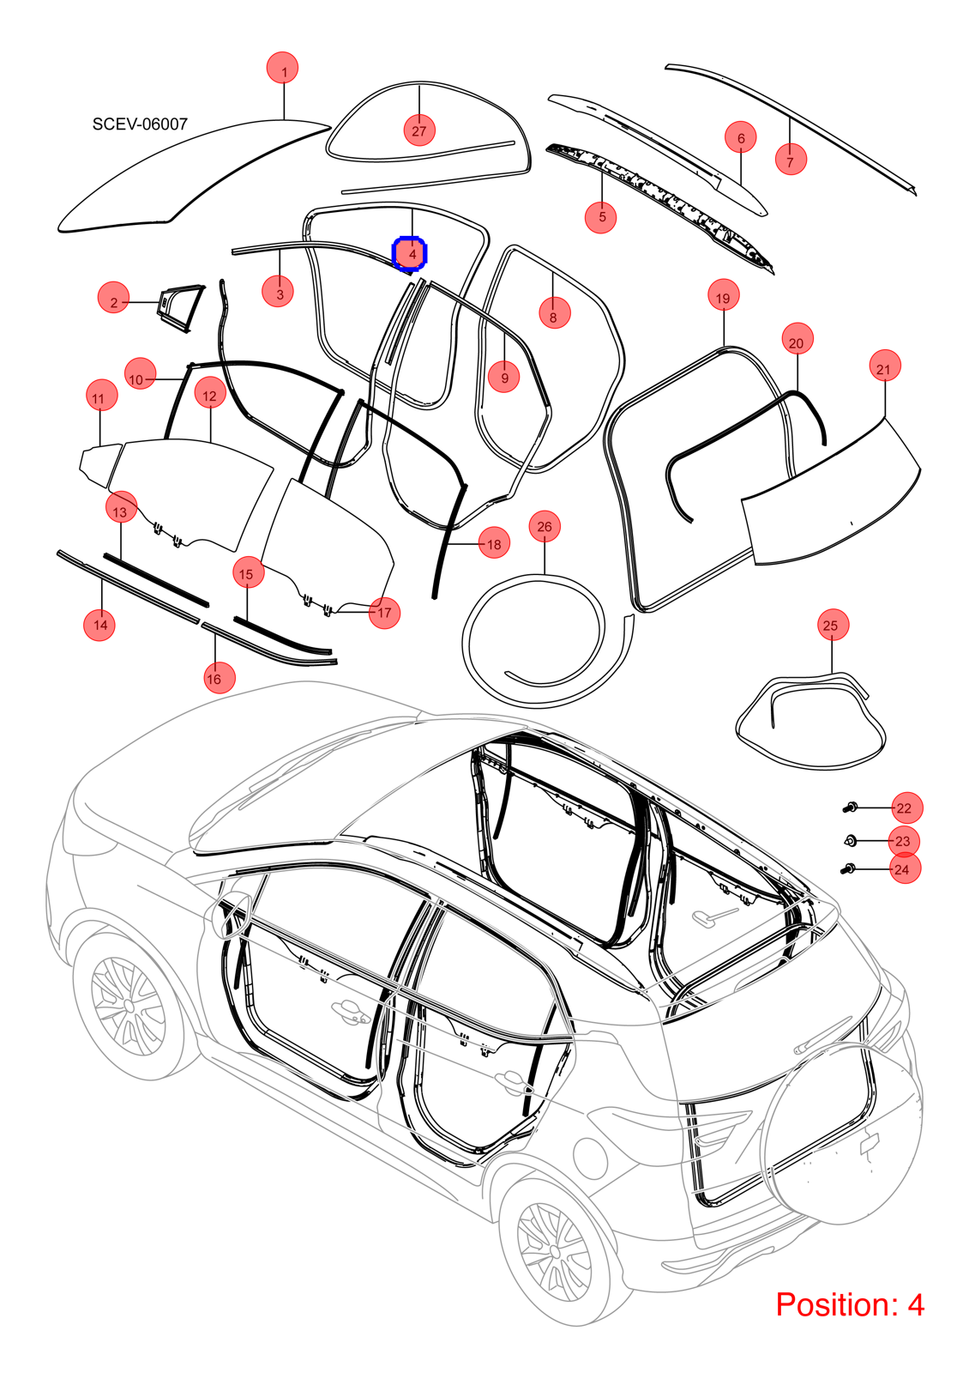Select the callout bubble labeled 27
419,130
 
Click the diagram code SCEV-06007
140,124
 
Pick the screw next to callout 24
850,868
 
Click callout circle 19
723,298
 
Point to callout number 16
214,679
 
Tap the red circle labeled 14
99,625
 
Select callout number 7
790,161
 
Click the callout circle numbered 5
601,216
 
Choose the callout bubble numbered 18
494,544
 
